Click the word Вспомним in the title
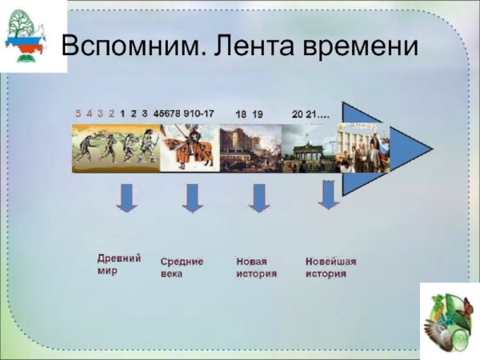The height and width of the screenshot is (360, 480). click(x=127, y=46)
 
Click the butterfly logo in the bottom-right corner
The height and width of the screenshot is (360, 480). click(x=449, y=319)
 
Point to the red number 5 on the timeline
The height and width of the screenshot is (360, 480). click(x=78, y=114)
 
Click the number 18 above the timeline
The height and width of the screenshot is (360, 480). click(x=240, y=114)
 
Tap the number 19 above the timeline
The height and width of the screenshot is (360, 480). click(x=258, y=114)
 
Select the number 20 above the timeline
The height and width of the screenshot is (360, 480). click(x=298, y=114)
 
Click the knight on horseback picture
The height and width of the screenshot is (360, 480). click(x=190, y=147)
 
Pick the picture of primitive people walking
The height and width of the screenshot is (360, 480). click(x=116, y=147)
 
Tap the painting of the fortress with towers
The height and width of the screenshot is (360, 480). click(x=250, y=148)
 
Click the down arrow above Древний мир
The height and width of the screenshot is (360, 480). click(x=126, y=197)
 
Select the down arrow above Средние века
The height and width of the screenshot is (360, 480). click(x=192, y=197)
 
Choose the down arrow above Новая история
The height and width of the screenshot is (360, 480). click(x=258, y=197)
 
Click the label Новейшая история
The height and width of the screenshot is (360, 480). click(x=330, y=267)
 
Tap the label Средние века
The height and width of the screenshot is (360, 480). click(x=182, y=267)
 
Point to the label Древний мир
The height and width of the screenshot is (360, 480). click(x=119, y=264)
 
